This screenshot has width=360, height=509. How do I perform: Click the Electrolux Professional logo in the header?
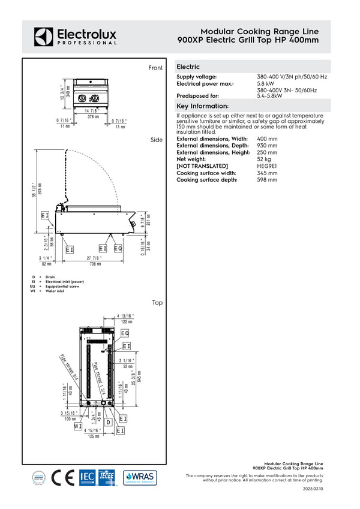(x=75, y=36)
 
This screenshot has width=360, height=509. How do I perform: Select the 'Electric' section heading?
(x=188, y=67)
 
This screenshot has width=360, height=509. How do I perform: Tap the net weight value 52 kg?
(x=265, y=159)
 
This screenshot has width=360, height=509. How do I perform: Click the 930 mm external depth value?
(x=267, y=146)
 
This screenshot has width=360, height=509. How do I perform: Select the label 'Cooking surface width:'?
(x=206, y=173)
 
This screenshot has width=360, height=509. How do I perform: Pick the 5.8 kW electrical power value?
(x=267, y=84)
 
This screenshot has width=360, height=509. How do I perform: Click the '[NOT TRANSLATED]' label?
(x=202, y=165)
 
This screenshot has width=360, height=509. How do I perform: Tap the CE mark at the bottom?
(x=62, y=477)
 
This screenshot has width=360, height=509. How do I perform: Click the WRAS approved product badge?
(x=140, y=477)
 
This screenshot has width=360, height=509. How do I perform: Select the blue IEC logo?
(x=87, y=477)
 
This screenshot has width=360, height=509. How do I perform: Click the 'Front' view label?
(x=155, y=68)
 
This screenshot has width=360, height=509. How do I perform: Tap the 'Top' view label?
(x=157, y=303)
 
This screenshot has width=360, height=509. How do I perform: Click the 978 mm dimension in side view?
(x=40, y=188)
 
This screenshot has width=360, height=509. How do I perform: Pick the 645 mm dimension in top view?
(x=139, y=375)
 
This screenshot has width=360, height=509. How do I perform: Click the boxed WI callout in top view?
(x=78, y=426)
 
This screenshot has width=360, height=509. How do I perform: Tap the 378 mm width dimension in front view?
(x=93, y=117)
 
